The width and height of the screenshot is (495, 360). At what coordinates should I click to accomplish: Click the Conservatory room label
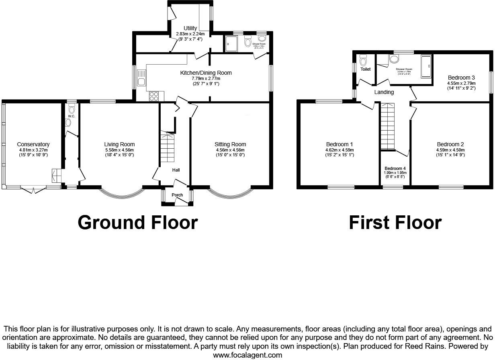click(33, 144)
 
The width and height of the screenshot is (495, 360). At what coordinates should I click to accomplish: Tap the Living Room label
click(119, 144)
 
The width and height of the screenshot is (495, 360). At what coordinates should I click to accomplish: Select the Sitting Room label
click(230, 144)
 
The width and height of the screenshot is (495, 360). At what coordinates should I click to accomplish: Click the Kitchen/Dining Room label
click(206, 73)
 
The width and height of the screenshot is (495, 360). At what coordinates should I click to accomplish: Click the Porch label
click(177, 195)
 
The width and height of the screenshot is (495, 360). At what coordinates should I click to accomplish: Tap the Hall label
click(176, 170)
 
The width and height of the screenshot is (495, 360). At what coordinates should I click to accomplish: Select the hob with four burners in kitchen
click(154, 96)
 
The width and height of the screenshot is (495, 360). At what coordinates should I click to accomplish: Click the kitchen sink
click(141, 78)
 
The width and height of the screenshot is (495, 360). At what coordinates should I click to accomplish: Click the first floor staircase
click(388, 126)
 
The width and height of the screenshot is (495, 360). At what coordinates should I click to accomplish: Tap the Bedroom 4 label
click(395, 168)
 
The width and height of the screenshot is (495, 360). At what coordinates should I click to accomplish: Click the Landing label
click(384, 92)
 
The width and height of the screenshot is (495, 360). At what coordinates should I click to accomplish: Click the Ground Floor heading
click(137, 222)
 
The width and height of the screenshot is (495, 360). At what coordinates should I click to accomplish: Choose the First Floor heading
click(395, 222)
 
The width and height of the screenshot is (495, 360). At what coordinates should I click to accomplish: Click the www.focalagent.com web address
click(247, 355)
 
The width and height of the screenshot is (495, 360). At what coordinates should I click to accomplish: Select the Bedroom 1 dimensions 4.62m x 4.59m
click(340, 149)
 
